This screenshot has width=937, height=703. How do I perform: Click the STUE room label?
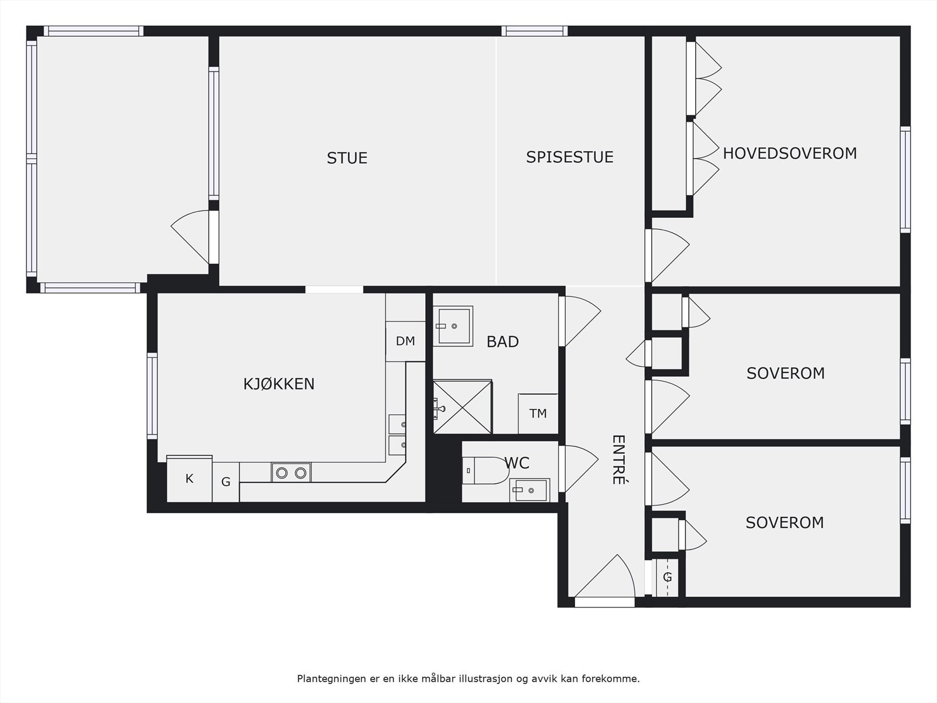(x=347, y=158)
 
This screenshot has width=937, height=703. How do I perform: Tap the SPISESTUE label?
(x=569, y=157)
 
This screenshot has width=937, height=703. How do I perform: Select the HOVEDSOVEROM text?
(x=789, y=153)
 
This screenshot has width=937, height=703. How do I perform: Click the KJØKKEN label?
(x=279, y=384)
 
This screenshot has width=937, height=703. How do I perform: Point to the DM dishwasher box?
(x=405, y=341)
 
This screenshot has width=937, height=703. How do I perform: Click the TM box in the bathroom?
(x=538, y=414)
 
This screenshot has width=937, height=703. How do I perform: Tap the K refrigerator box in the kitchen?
(x=189, y=479)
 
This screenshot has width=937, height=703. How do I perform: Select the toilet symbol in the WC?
(x=485, y=470)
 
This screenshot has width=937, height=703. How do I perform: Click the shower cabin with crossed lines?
(x=462, y=407)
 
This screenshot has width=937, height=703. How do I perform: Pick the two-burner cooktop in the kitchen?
(x=291, y=472)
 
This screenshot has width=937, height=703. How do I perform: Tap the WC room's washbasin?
(x=529, y=490)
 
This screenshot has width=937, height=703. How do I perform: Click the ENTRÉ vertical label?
(x=618, y=459)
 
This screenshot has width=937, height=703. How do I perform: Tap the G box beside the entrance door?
(x=667, y=578)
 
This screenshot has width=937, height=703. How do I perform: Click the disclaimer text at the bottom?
(x=468, y=679)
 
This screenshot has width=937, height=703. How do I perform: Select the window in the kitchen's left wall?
(x=152, y=395)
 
